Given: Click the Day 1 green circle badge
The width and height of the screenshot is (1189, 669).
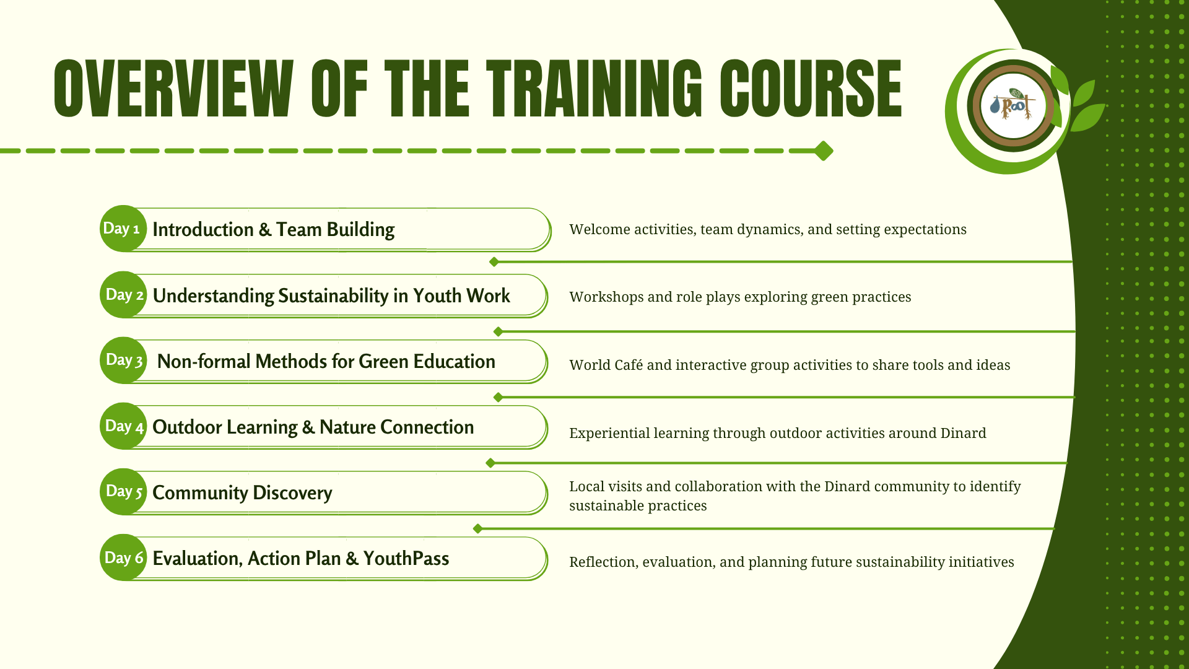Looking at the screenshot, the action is pyautogui.click(x=123, y=229).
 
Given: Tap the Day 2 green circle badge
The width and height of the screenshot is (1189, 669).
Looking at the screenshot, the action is pyautogui.click(x=123, y=295).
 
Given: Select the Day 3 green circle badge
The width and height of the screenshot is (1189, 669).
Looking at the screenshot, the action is pyautogui.click(x=123, y=361).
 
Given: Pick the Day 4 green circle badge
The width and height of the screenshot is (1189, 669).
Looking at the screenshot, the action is pyautogui.click(x=123, y=426).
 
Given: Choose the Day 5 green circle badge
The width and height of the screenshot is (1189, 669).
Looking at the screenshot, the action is pyautogui.click(x=123, y=492).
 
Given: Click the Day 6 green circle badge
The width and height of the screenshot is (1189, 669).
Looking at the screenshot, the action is pyautogui.click(x=123, y=557).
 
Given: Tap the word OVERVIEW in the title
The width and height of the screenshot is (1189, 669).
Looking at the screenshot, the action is pyautogui.click(x=173, y=89).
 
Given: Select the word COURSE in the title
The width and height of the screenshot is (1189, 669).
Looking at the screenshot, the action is pyautogui.click(x=811, y=89).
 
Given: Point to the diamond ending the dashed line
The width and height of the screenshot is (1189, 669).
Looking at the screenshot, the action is pyautogui.click(x=823, y=151).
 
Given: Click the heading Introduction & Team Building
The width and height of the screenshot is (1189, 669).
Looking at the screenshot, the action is pyautogui.click(x=273, y=230).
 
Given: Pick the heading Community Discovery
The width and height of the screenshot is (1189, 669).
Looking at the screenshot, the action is pyautogui.click(x=242, y=493).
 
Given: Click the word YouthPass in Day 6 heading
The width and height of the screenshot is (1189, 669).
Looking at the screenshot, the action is pyautogui.click(x=406, y=558).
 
